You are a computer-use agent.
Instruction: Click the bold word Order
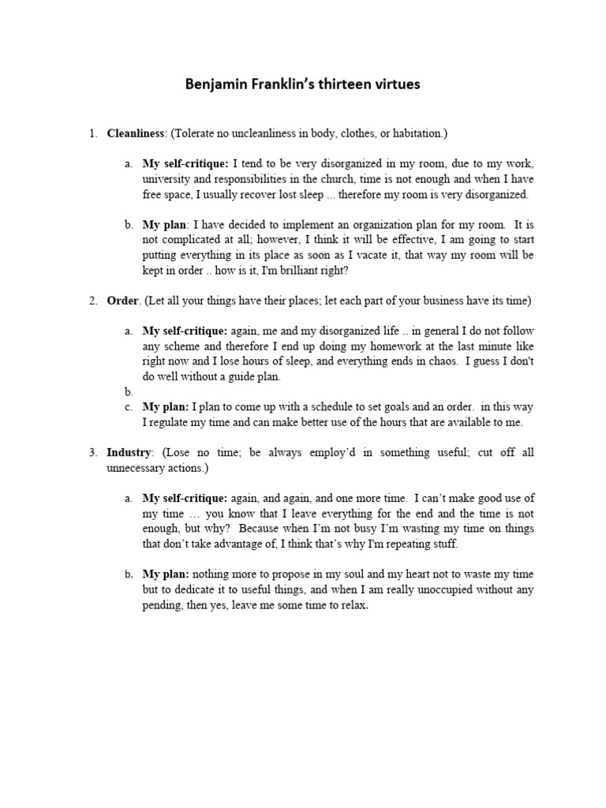pos(122,301)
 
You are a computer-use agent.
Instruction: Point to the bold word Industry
pos(129,453)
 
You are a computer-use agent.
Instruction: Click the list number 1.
pos(92,134)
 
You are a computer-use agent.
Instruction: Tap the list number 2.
pos(92,301)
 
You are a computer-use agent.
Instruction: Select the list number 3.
pos(92,453)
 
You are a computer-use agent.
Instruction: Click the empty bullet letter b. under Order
pos(129,392)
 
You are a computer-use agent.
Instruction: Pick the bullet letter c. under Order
pos(129,407)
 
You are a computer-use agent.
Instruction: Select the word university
pos(168,180)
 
